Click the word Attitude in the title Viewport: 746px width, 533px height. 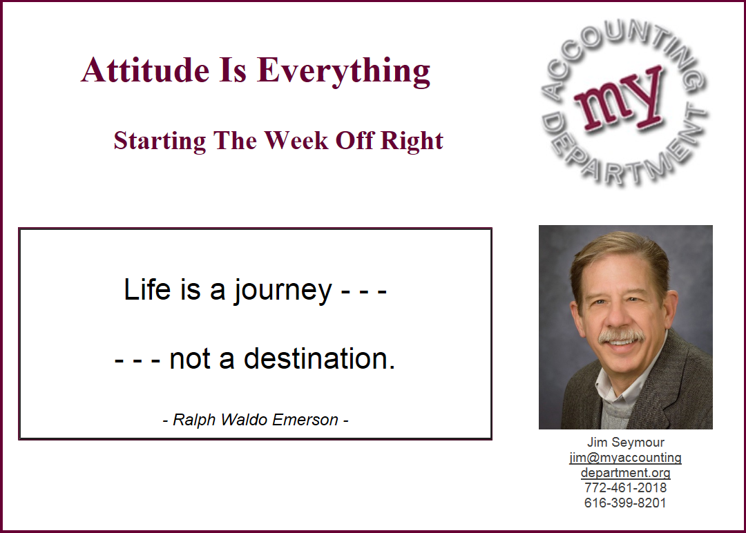[145, 70]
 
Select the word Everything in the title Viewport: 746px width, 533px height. [343, 71]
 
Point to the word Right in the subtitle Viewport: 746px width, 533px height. [412, 142]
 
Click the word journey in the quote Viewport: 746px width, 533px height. [283, 290]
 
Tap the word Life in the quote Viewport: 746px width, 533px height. [147, 289]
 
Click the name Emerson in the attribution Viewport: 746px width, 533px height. [305, 419]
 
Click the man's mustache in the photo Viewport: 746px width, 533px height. [622, 336]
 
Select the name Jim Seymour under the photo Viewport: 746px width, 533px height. [626, 442]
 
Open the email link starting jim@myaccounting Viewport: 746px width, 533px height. [626, 465]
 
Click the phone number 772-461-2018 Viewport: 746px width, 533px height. [626, 488]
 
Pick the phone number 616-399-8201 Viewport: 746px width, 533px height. [626, 503]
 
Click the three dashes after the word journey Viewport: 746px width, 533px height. [364, 291]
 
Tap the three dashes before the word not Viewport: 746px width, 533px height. [137, 360]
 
